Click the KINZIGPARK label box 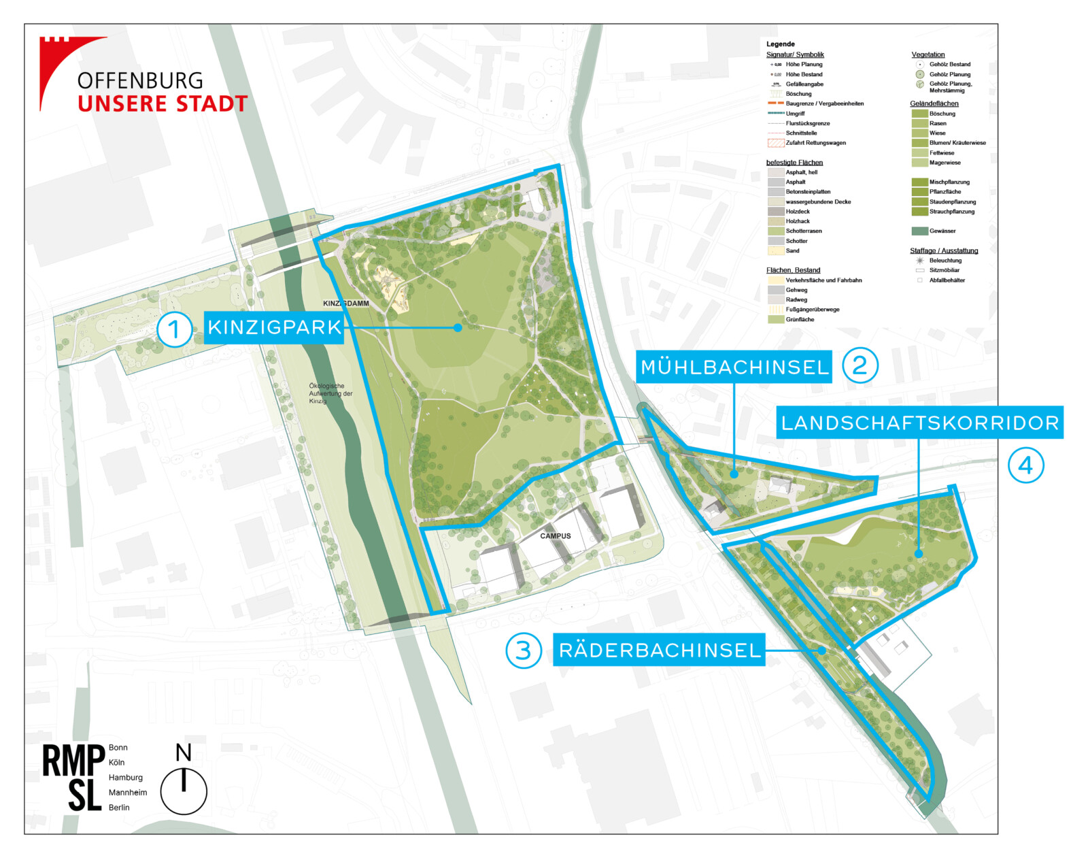click(274, 327)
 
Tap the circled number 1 click(174, 329)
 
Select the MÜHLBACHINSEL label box click(734, 367)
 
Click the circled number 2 click(860, 365)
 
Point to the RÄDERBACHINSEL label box click(659, 650)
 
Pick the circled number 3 click(523, 650)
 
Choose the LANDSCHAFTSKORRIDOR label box click(920, 423)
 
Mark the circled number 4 click(1025, 465)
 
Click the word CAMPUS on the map click(556, 536)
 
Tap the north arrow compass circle click(184, 791)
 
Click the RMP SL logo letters click(73, 778)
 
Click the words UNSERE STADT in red click(163, 104)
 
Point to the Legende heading click(780, 44)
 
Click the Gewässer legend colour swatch click(919, 231)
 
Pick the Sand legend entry click(792, 251)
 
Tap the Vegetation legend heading click(928, 54)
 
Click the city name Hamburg click(126, 778)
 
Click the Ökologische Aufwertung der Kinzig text click(330, 393)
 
